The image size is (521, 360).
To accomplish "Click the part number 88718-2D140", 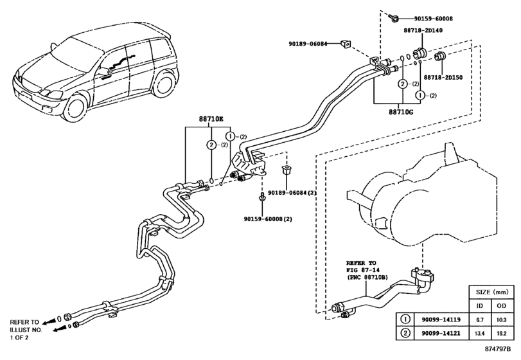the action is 423,31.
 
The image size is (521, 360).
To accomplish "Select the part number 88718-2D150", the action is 443,77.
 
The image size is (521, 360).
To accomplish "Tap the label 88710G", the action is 401,112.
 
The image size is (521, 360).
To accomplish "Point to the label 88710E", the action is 211,118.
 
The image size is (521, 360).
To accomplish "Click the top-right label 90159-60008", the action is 433,19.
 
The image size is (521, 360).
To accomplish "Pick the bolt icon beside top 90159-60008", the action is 393,18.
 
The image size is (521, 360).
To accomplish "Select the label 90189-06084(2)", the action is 292,193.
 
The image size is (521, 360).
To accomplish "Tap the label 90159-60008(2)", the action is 268,219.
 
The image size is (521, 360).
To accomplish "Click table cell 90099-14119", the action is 441,319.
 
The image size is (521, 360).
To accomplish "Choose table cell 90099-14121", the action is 441,333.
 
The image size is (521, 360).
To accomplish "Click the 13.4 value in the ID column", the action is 479,334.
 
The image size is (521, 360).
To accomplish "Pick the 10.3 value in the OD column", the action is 501,319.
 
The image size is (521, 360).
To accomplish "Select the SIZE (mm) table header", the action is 492,292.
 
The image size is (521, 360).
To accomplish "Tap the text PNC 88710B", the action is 368,277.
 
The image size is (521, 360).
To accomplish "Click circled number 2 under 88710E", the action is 211,145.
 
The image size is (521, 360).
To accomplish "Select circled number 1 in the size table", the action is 405,319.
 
